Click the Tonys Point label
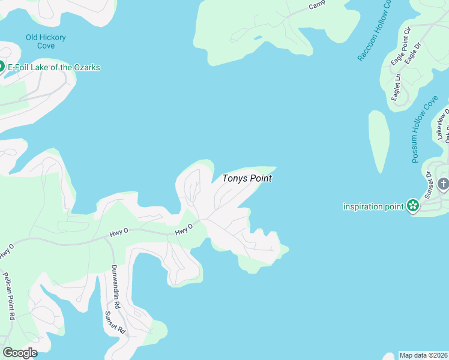coord(247,178)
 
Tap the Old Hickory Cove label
coord(46,41)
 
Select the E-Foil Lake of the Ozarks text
coord(54,67)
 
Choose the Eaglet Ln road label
coord(397,87)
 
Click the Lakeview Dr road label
coord(443,124)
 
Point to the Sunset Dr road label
coord(429,184)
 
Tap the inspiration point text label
coord(373,206)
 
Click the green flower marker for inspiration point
coord(412,206)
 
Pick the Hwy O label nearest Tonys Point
coord(183,229)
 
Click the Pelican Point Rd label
coord(8,297)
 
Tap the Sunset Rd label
coord(115,322)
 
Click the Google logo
coord(20,352)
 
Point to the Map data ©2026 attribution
coord(423,355)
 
